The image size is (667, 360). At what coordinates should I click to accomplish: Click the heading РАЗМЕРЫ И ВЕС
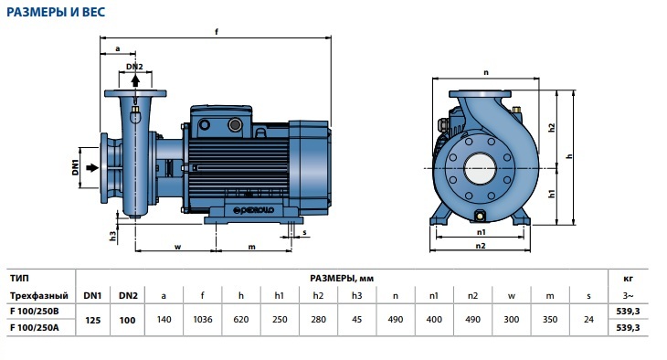click(x=56, y=12)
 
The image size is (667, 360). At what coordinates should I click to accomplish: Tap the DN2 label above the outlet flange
click(x=134, y=67)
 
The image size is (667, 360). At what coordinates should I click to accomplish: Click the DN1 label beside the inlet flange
click(x=75, y=167)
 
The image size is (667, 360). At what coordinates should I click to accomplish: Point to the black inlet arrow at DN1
click(x=92, y=167)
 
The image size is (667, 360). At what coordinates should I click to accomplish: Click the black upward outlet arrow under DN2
click(x=135, y=80)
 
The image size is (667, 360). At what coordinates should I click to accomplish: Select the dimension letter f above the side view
click(x=217, y=31)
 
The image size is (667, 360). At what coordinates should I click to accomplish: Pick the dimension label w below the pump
click(x=178, y=247)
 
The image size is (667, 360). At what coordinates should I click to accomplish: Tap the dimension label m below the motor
click(x=252, y=247)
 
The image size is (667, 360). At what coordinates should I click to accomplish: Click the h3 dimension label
click(x=112, y=236)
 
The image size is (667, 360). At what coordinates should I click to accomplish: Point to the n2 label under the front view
click(x=481, y=246)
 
